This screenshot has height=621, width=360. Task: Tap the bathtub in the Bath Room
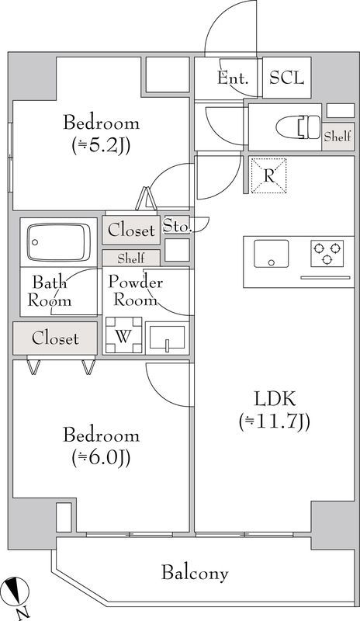pyautogui.click(x=59, y=242)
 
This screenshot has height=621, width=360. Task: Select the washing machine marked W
pyautogui.click(x=123, y=335)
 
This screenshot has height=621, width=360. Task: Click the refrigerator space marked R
pyautogui.click(x=269, y=175)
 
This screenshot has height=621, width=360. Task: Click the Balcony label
pyautogui.click(x=195, y=573)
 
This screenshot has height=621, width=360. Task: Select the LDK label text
pyautogui.click(x=275, y=399)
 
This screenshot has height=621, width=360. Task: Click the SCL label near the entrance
pyautogui.click(x=287, y=78)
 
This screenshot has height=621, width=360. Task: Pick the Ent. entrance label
pyautogui.click(x=233, y=78)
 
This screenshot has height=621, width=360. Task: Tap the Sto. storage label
pyautogui.click(x=178, y=226)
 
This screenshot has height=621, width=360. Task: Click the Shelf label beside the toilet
pyautogui.click(x=337, y=137)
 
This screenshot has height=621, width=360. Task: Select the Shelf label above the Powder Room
pyautogui.click(x=131, y=258)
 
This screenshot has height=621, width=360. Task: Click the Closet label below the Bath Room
pyautogui.click(x=55, y=338)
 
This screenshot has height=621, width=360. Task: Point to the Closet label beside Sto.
pyautogui.click(x=131, y=230)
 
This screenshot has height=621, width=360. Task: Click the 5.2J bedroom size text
pyautogui.click(x=102, y=147)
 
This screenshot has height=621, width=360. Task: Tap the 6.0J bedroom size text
pyautogui.click(x=102, y=458)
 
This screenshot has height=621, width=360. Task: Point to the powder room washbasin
pyautogui.click(x=167, y=338)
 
